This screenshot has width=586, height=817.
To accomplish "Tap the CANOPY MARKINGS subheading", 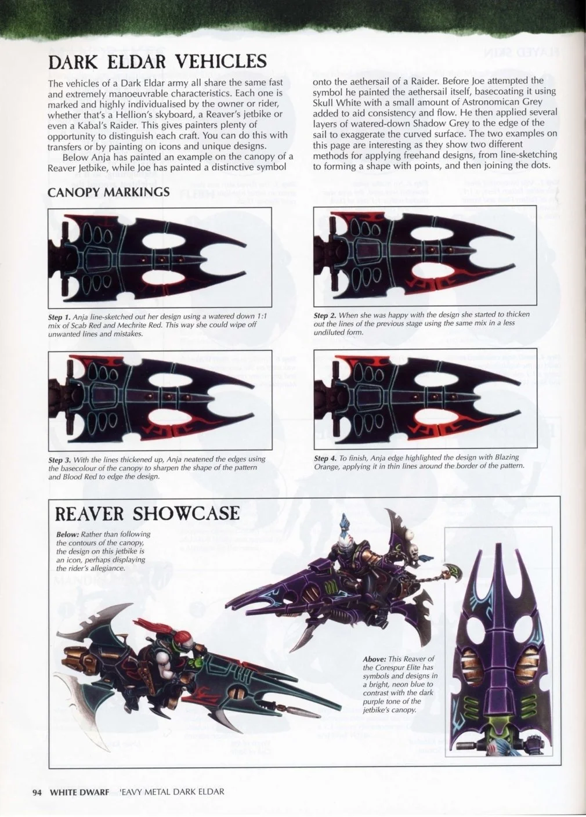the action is click(x=108, y=191).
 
